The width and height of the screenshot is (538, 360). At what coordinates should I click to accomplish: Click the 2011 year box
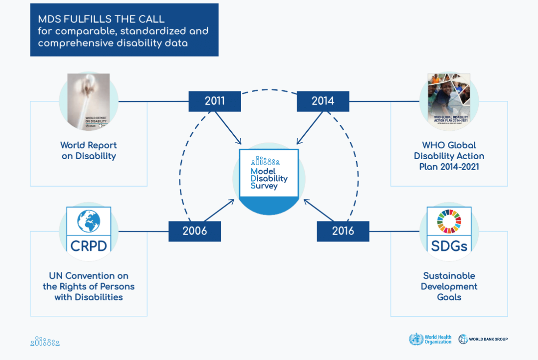215,101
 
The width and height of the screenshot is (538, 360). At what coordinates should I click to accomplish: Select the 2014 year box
323,101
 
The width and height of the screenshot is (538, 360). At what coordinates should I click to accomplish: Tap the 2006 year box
195,231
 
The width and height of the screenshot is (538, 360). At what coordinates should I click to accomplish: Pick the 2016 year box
343,231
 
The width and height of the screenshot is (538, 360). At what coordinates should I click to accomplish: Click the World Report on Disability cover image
89,102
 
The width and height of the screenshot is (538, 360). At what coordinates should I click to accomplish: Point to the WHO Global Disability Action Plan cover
449,102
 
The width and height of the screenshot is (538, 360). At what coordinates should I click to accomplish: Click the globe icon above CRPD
89,221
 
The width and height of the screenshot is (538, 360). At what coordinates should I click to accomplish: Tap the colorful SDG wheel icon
449,221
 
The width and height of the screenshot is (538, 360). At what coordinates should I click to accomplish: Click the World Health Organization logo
431,339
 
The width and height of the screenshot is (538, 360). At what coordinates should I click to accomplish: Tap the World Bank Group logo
483,339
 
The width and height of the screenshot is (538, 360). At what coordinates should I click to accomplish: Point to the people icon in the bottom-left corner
45,342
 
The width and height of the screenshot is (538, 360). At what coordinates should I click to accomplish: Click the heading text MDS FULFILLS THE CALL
101,20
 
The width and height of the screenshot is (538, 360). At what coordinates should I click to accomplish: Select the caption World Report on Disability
89,151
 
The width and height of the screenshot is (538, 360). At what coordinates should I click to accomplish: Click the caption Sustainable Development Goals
449,287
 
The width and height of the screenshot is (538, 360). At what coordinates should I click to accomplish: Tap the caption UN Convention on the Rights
89,287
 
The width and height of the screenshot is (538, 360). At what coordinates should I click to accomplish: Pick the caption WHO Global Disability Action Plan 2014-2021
449,156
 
